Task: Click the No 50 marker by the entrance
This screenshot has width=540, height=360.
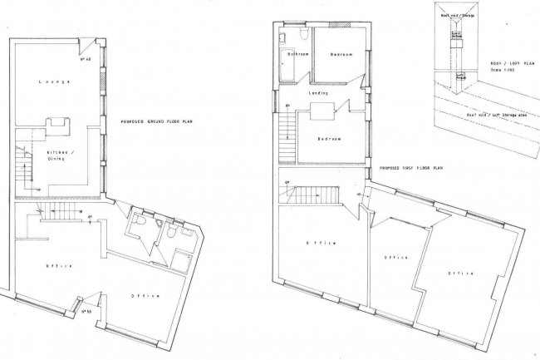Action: [x=85, y=312]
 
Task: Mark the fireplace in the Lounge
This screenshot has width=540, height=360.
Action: [x=58, y=125]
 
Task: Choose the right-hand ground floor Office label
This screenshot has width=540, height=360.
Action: [x=146, y=295]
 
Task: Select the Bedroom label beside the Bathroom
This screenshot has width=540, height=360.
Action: [x=342, y=55]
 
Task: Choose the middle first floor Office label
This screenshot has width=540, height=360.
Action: [x=395, y=258]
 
